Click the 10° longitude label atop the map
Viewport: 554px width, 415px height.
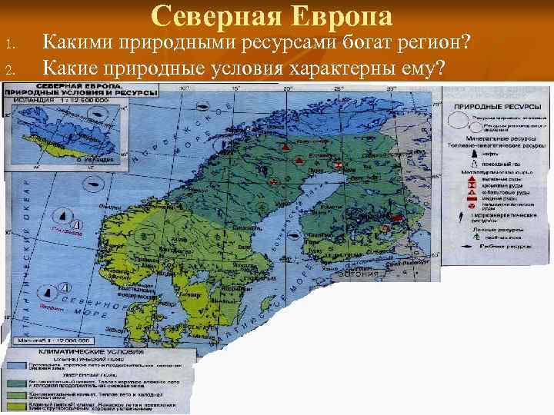click(x=184, y=88)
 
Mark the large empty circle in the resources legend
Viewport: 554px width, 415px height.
click(x=461, y=123)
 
